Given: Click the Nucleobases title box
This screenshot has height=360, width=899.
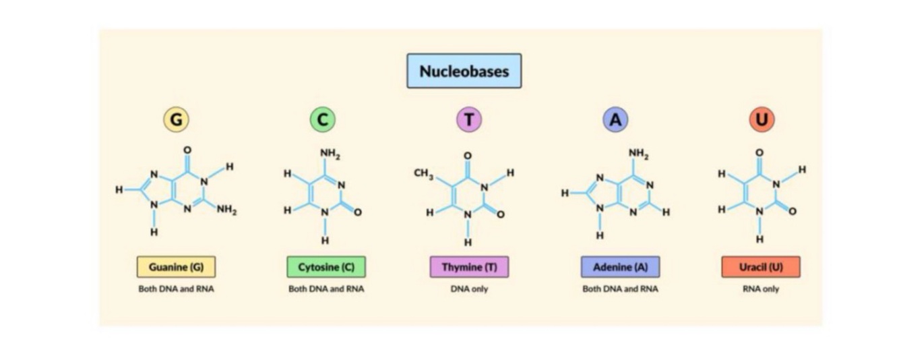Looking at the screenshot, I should (464, 71).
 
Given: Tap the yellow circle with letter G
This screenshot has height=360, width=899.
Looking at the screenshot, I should (176, 120).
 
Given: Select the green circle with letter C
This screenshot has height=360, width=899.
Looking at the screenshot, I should (322, 120).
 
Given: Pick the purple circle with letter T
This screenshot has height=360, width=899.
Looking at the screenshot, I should (469, 120).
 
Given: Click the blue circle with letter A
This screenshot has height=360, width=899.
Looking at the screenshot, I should (615, 120).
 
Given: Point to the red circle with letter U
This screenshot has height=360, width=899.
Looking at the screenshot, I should (762, 120).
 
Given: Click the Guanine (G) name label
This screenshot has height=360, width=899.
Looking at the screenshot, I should (176, 267).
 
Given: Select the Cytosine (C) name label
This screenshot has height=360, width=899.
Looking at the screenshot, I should (326, 267).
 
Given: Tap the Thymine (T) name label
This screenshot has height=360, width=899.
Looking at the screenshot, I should (469, 267).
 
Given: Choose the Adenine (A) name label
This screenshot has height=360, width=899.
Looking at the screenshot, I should (620, 267).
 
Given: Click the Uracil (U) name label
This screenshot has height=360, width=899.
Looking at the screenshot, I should (761, 267).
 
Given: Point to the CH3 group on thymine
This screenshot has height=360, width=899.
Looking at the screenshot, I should (424, 174).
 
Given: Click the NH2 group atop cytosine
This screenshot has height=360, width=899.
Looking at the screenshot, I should (330, 153).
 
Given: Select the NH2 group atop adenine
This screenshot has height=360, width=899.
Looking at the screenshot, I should (638, 153).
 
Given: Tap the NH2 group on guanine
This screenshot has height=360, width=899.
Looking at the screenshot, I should (226, 210).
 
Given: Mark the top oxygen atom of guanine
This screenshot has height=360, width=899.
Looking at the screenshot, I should (187, 150).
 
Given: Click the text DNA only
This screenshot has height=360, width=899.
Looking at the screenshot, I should (469, 289).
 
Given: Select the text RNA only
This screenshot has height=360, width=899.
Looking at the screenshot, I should (761, 289).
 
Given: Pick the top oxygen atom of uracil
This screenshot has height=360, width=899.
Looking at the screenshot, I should (759, 152).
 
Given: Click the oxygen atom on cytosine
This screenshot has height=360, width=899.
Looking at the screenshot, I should (357, 212).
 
